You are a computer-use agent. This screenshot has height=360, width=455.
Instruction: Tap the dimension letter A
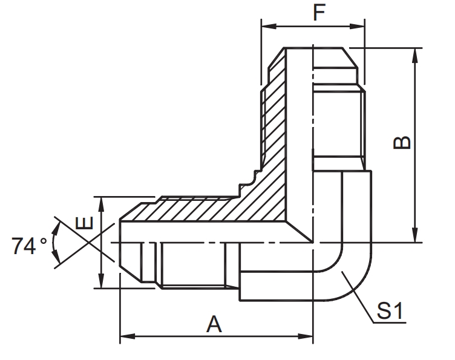(214, 325)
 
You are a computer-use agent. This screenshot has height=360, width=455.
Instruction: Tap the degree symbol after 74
(43, 241)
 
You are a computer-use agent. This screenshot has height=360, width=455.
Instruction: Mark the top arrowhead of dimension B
(415, 53)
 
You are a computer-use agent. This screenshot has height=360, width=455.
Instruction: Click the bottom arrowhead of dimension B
(415, 237)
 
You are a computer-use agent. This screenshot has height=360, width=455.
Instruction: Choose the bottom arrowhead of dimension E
(101, 283)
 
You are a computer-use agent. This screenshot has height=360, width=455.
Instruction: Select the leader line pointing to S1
(357, 294)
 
